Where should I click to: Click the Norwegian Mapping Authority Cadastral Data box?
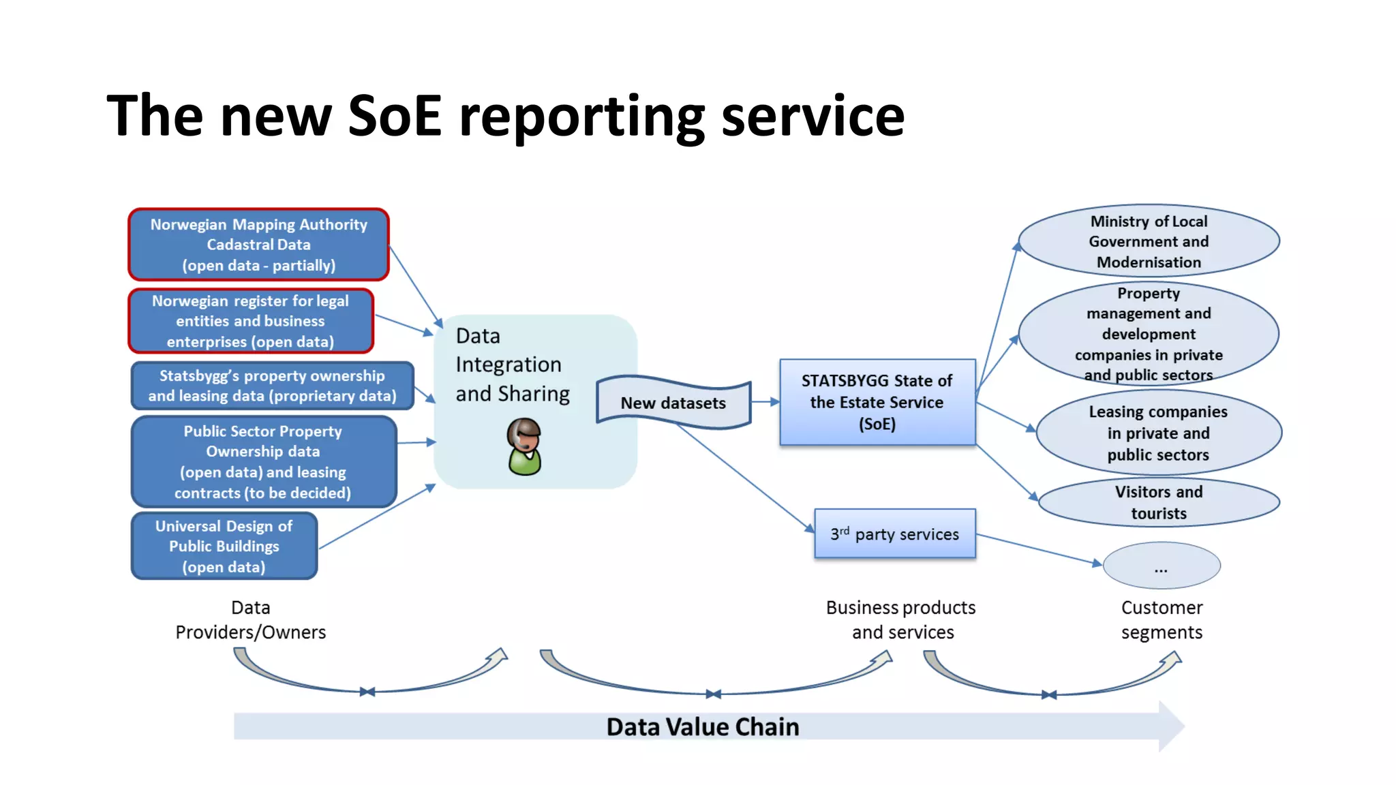(258, 245)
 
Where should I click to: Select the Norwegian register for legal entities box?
(251, 321)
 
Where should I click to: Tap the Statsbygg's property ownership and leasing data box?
(272, 386)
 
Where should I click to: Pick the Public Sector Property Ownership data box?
(263, 462)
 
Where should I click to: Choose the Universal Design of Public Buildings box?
(224, 546)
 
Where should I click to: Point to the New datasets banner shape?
(673, 403)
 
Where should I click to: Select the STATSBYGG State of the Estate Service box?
(877, 402)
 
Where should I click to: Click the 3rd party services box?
(895, 534)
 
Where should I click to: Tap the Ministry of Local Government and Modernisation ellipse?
(1149, 241)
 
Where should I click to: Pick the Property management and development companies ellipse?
(1149, 334)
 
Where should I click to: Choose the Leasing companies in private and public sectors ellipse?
(1158, 433)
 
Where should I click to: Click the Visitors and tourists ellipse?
(1158, 502)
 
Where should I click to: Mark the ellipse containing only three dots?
(1161, 566)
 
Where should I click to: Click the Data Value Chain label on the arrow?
(702, 727)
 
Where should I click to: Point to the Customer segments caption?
(1162, 619)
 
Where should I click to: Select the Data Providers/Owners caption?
(250, 619)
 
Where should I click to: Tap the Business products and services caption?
(901, 619)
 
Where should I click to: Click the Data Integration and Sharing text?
(512, 365)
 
